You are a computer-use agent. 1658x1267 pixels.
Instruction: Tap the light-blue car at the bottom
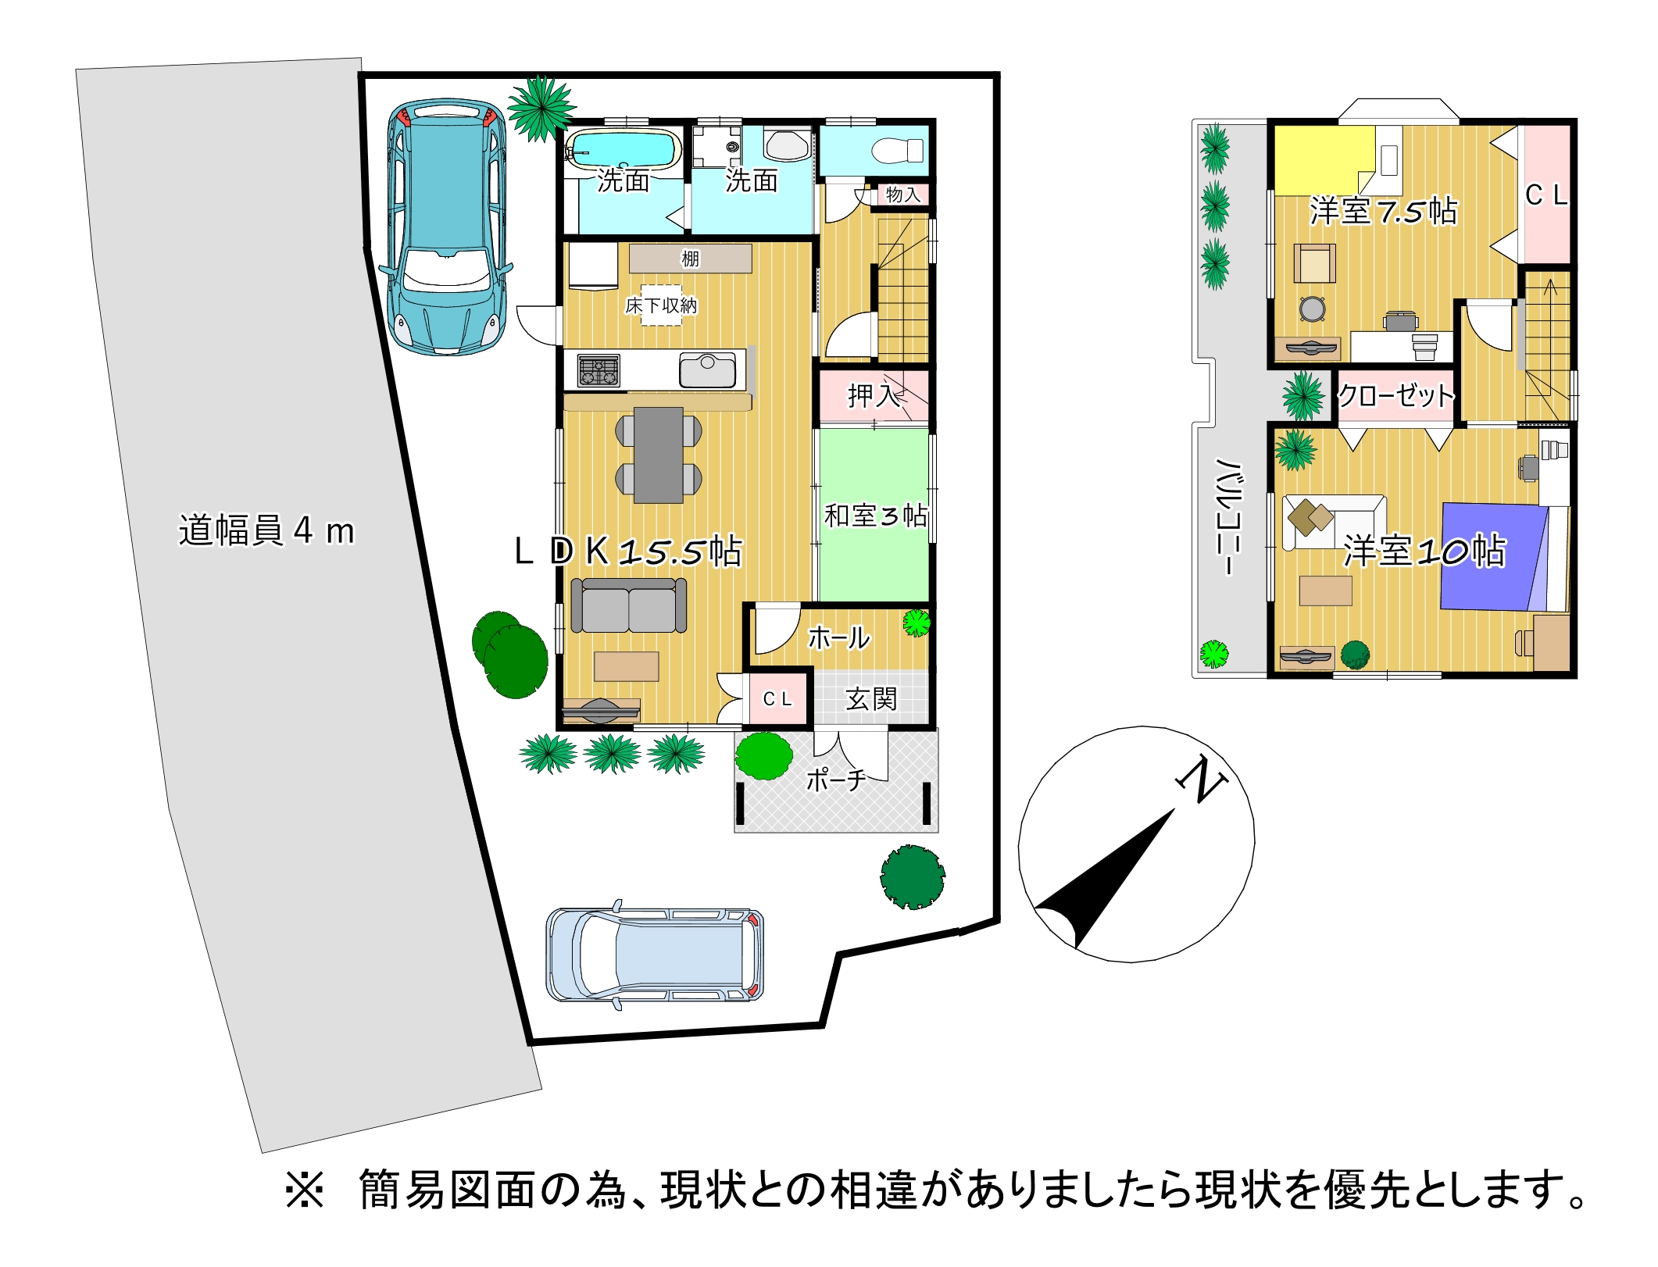pos(655,955)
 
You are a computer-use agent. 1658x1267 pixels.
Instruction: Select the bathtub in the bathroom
pos(623,149)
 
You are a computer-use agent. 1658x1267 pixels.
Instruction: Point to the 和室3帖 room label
pos(876,516)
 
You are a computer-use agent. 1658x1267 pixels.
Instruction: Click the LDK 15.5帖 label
pos(628,551)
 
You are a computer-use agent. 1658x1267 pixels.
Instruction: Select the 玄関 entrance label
pos(871,698)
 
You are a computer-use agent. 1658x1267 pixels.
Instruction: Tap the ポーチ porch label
pos(836,780)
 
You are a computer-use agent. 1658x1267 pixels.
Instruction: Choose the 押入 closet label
pos(873,396)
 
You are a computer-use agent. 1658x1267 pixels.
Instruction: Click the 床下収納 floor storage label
pos(661,305)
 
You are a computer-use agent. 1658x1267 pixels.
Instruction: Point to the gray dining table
pos(659,455)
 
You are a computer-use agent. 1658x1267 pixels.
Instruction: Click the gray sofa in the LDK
pos(629,605)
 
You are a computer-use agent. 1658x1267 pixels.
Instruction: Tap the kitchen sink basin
pos(707,370)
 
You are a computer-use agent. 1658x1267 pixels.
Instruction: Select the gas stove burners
pos(599,370)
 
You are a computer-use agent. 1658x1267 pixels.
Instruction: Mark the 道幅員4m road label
pos(266,530)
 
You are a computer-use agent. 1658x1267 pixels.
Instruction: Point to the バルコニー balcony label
pos(1230,516)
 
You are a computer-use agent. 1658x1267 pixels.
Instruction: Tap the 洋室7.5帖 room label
pos(1384,212)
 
